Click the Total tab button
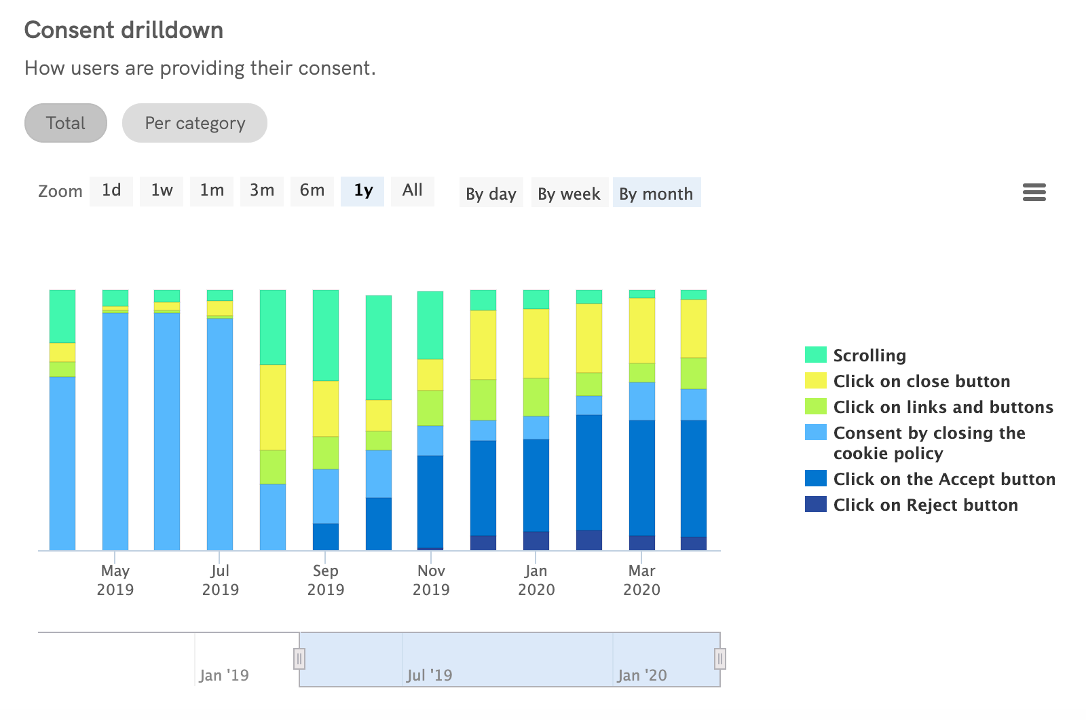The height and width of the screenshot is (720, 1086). (x=66, y=123)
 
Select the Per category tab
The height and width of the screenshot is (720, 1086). (x=195, y=123)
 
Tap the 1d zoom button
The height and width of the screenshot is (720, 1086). (x=111, y=191)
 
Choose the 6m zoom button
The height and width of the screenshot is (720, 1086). (x=312, y=191)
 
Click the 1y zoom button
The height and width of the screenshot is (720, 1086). (x=363, y=191)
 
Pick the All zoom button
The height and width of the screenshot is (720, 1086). (x=413, y=191)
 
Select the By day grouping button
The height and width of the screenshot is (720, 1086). (x=491, y=194)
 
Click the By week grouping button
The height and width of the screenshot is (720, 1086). (x=569, y=194)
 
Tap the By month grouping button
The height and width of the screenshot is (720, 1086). (x=656, y=194)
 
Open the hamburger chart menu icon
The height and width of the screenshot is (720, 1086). (x=1034, y=192)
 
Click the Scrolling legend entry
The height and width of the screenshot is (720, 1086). (x=869, y=355)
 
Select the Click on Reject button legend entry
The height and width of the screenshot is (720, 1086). (x=925, y=505)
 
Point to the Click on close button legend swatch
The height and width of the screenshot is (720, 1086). (x=816, y=380)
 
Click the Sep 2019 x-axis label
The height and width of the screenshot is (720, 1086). (x=326, y=580)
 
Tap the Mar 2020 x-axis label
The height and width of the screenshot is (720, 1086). (x=641, y=580)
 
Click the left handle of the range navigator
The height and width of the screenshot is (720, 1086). (x=299, y=658)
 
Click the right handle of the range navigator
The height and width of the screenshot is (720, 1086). (x=720, y=658)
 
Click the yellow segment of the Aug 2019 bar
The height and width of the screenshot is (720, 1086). (x=273, y=407)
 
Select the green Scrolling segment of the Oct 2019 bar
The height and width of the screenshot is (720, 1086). (x=379, y=347)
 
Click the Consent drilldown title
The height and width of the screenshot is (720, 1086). (x=124, y=30)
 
